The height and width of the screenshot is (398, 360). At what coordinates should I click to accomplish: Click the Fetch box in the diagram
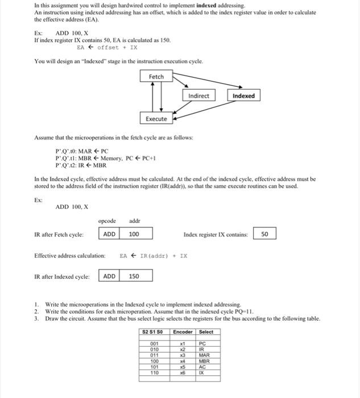(156, 77)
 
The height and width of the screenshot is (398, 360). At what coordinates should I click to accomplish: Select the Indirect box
(198, 96)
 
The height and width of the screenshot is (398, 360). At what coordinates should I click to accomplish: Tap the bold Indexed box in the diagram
(243, 96)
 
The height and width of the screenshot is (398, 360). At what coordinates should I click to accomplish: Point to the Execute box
(156, 119)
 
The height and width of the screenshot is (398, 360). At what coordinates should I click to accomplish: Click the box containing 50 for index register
(265, 234)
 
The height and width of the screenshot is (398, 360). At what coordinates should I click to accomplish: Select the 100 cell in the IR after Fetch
(135, 234)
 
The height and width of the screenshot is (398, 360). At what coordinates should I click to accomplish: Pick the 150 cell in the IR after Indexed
(135, 276)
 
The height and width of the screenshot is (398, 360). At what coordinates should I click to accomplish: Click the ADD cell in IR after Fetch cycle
(110, 234)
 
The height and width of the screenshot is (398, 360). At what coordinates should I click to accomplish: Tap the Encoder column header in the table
(183, 332)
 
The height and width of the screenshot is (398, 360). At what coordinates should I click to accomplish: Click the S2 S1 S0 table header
(154, 332)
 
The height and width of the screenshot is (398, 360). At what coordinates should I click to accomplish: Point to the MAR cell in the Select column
(205, 355)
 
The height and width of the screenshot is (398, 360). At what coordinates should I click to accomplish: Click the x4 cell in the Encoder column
(183, 361)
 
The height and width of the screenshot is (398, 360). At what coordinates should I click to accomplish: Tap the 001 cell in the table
(154, 344)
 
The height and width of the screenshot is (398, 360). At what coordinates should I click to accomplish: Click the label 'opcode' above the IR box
(107, 221)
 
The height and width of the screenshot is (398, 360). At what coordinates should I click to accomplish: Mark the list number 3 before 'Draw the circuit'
(36, 319)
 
